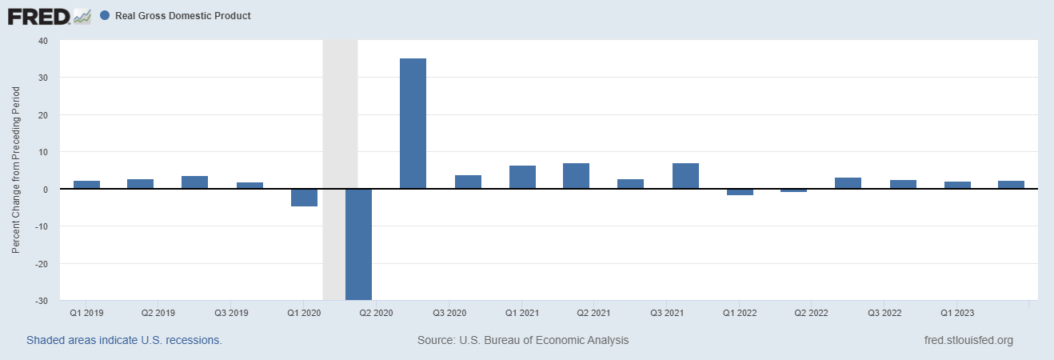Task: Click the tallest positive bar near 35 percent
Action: pyautogui.click(x=413, y=123)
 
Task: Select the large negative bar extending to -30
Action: pyautogui.click(x=358, y=244)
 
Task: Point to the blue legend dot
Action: pyautogui.click(x=105, y=16)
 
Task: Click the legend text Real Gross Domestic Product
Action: pyautogui.click(x=182, y=16)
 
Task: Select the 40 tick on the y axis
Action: pyautogui.click(x=42, y=41)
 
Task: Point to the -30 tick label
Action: pyautogui.click(x=40, y=301)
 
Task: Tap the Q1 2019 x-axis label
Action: pyautogui.click(x=86, y=312)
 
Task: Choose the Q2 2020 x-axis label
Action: pyautogui.click(x=376, y=312)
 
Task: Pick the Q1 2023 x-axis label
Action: pyautogui.click(x=956, y=312)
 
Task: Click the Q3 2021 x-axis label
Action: pyautogui.click(x=666, y=312)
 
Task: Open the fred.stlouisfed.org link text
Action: pyautogui.click(x=968, y=340)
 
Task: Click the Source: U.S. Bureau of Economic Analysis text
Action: pyautogui.click(x=523, y=340)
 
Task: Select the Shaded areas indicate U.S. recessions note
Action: pyautogui.click(x=124, y=340)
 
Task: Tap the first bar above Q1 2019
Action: pyautogui.click(x=86, y=185)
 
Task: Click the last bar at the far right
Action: pyautogui.click(x=1011, y=185)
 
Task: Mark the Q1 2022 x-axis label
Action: pyautogui.click(x=738, y=312)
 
